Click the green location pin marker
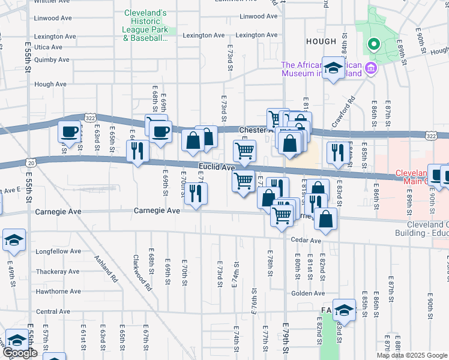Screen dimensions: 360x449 tap(372, 44)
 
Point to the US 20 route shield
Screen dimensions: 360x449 tap(31, 162)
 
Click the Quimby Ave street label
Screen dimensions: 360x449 tap(52, 60)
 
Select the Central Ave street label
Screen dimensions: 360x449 tap(53, 311)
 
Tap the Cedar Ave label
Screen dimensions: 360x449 tap(307, 240)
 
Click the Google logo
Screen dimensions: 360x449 tap(20, 353)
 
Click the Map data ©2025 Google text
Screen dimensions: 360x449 tap(412, 355)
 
